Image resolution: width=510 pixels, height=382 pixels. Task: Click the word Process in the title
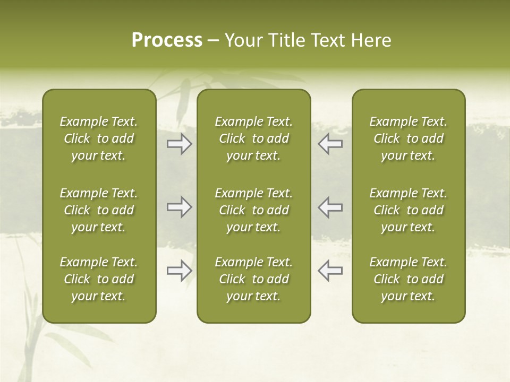pos(167,40)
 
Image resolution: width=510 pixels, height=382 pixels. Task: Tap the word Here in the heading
pos(371,40)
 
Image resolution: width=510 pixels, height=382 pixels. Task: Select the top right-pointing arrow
pos(179,144)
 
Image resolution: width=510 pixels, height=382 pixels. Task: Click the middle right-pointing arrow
pos(179,207)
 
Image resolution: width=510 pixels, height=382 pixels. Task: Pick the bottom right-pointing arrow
pos(179,271)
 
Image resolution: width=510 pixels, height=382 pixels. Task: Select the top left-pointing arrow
pos(330,144)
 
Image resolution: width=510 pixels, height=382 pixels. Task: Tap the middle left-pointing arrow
pos(330,207)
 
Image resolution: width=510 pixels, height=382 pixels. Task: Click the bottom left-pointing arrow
pos(330,271)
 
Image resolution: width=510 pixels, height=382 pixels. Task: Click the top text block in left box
pos(99,138)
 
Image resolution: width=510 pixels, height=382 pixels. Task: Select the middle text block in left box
pos(99,210)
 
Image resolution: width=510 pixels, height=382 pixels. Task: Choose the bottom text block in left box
pos(99,279)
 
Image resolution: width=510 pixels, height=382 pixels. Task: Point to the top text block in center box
pos(253,138)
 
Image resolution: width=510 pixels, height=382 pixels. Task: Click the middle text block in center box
pos(253,210)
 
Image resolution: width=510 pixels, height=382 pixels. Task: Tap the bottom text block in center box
pos(253,279)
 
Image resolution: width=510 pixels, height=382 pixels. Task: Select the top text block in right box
pos(408,138)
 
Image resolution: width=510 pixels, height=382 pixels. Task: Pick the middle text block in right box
pos(408,210)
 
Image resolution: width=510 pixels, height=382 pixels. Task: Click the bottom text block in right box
pos(408,279)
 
